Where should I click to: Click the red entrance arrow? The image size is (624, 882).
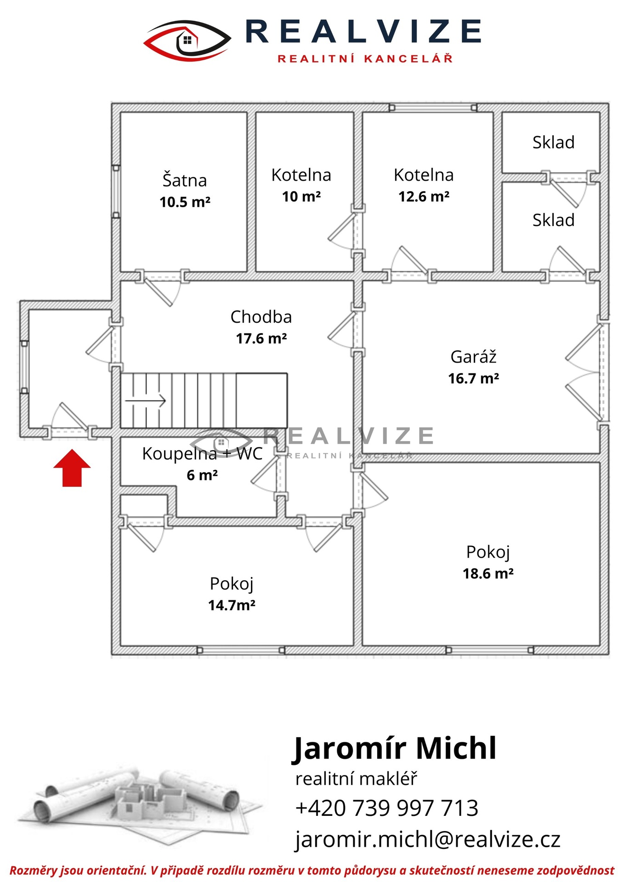(72, 468)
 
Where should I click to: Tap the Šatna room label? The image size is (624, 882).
(185, 180)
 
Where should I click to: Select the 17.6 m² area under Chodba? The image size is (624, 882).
(261, 339)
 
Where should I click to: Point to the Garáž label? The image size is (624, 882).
(474, 357)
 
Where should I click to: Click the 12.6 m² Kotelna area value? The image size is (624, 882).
(424, 197)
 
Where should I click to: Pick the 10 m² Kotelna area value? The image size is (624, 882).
(301, 197)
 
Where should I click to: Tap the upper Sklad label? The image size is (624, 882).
(554, 142)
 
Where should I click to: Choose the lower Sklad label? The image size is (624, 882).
(554, 220)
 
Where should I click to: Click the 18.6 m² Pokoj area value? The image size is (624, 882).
(488, 574)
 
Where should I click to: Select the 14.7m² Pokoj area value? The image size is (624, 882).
(232, 605)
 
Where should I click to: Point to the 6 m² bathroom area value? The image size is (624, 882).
(202, 475)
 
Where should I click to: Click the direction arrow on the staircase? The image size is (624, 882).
(145, 401)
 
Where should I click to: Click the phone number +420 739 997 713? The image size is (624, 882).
(387, 808)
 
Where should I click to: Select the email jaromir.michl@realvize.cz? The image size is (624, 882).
(428, 839)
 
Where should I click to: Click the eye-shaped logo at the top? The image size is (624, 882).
(187, 40)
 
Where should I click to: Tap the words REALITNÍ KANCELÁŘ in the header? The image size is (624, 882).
(365, 58)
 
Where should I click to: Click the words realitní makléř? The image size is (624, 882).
(356, 779)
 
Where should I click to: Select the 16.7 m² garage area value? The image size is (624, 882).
(474, 379)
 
